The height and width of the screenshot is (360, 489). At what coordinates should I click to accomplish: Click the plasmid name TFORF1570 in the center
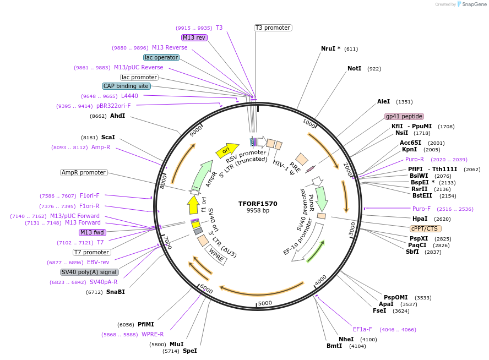point(258,204)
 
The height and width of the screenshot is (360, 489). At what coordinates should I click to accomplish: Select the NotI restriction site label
point(354,69)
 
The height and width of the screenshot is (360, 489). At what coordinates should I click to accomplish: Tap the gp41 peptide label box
point(404,116)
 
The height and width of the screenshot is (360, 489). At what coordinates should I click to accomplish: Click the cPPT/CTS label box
point(425,228)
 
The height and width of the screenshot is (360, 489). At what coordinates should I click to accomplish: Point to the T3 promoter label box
point(273,28)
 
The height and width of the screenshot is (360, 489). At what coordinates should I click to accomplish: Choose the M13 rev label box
point(194,37)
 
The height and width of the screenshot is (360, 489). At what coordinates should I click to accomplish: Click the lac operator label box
point(161,57)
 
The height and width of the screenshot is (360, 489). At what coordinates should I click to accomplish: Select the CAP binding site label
point(126,86)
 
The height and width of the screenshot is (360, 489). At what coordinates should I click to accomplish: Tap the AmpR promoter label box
point(83,172)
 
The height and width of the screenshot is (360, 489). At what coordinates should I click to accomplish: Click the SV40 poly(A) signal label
point(89,272)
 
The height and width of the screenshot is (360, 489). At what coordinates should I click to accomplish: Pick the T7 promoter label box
point(91,252)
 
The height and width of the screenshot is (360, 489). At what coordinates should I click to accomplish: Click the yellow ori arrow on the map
point(227,149)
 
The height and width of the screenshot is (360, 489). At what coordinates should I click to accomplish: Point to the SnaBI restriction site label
point(115,292)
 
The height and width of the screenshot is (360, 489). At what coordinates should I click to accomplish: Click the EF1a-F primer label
point(362,329)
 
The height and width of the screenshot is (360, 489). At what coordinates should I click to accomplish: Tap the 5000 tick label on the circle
point(265,303)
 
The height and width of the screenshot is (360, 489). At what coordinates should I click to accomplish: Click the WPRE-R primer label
point(153,334)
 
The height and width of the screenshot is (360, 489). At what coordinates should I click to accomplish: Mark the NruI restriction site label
point(330,48)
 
